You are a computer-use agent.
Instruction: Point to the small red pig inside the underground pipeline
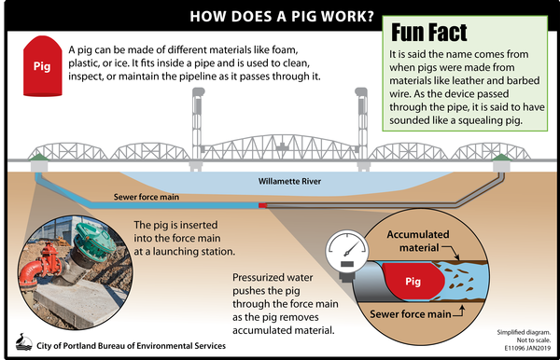[263, 204]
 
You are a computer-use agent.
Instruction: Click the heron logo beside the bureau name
[24, 342]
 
